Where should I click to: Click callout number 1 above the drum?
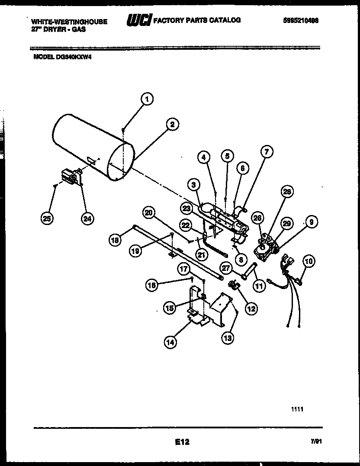147,100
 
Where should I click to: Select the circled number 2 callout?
172,125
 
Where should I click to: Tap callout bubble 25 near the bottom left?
47,219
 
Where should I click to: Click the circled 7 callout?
267,151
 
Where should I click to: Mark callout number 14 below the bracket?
170,342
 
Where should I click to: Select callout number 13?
227,338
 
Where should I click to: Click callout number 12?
251,309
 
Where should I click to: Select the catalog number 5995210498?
302,20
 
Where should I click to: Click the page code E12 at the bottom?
182,442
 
